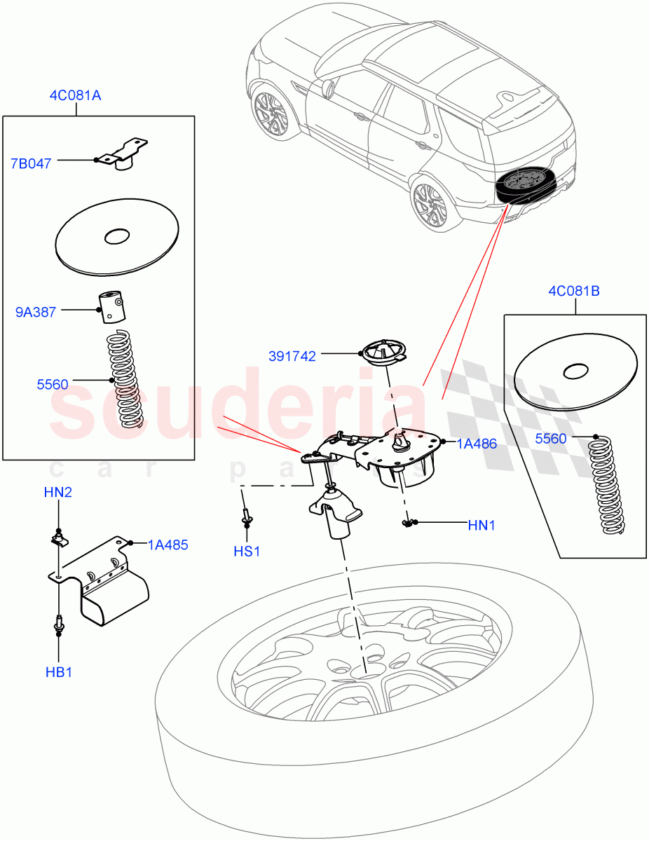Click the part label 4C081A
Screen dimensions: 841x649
tap(75, 95)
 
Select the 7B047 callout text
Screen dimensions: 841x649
tap(31, 165)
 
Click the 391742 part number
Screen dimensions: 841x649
tap(292, 357)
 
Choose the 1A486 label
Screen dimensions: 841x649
tap(477, 444)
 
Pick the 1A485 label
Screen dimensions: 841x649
tap(168, 545)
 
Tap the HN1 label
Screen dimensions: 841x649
tap(481, 525)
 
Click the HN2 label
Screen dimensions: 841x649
tap(57, 493)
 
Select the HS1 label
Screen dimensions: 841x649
tap(247, 552)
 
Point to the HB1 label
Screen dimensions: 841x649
tap(58, 673)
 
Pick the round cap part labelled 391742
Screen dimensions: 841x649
tap(384, 352)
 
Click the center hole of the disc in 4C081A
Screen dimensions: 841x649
tap(116, 236)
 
